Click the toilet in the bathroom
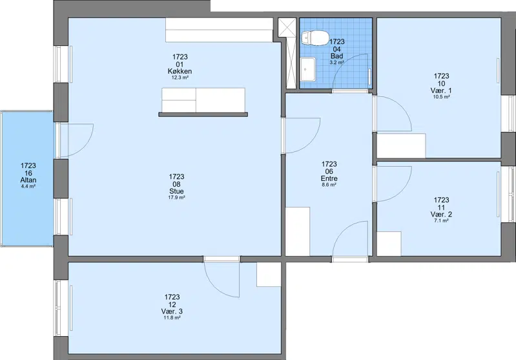[315, 38]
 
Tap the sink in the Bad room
[307, 69]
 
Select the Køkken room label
[180, 71]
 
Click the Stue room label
[176, 191]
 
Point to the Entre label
[329, 178]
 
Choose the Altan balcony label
[28, 180]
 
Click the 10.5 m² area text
[441, 97]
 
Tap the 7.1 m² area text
[441, 220]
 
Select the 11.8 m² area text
[172, 318]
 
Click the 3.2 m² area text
[336, 62]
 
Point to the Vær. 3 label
[172, 312]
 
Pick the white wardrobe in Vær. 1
[401, 145]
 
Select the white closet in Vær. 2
[389, 244]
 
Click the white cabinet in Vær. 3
[269, 275]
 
